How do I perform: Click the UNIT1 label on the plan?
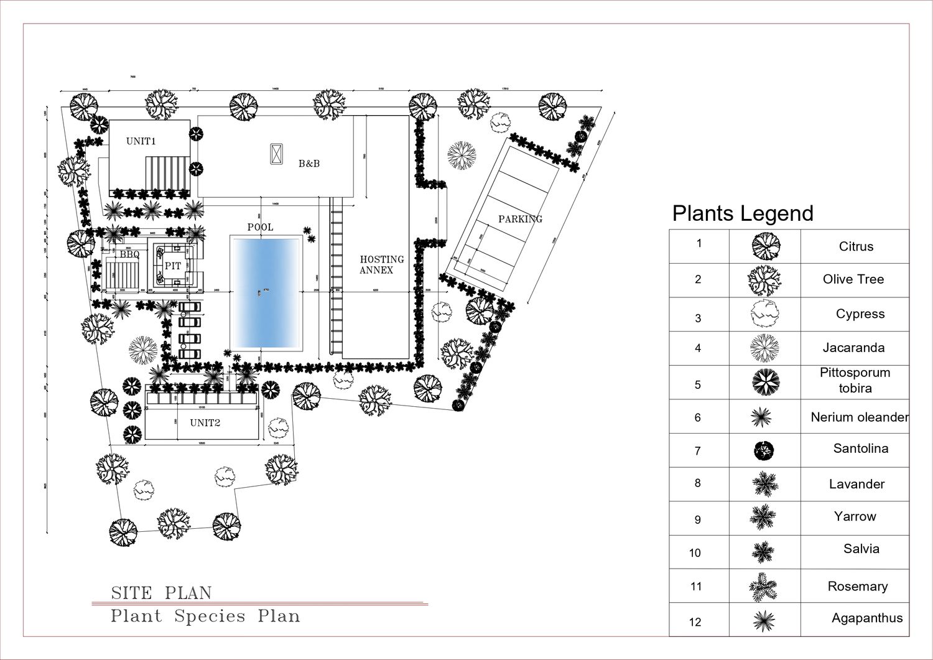tap(141, 141)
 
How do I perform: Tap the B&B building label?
tap(309, 164)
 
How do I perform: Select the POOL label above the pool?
tap(260, 227)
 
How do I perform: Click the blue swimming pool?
tap(266, 292)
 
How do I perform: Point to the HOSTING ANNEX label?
tap(381, 264)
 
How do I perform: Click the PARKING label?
tap(520, 219)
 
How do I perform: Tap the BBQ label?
tap(129, 254)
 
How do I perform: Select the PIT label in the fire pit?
tap(173, 266)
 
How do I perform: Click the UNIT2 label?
tap(205, 423)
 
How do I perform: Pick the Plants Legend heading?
tap(743, 213)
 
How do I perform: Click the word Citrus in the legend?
tap(856, 246)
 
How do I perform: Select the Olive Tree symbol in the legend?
tap(764, 281)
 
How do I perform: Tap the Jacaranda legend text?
tap(853, 348)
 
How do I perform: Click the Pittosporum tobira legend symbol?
tap(764, 382)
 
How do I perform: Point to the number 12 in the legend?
tap(695, 621)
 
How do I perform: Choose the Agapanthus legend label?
tap(866, 618)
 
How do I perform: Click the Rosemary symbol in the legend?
tap(763, 587)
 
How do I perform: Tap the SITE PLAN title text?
tap(161, 593)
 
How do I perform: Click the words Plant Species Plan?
tap(205, 616)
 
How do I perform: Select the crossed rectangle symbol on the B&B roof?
tap(276, 154)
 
